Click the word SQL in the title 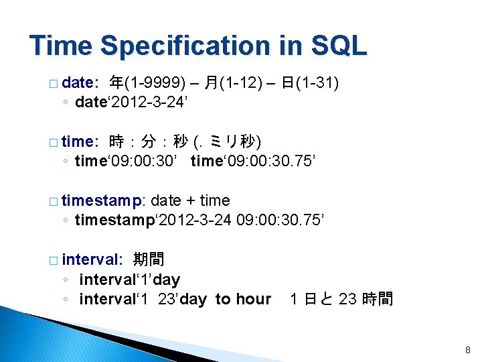(339, 46)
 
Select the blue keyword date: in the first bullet (80, 82)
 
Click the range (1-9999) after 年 (155, 83)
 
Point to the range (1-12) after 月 (241, 83)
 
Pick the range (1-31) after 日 (317, 83)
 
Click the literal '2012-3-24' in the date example (147, 102)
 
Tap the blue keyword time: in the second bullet (80, 141)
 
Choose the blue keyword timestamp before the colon (102, 201)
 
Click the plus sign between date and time (191, 201)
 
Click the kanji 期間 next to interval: (149, 259)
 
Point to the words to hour (243, 299)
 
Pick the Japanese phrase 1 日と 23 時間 (341, 298)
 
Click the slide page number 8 (468, 350)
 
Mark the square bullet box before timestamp (54, 202)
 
